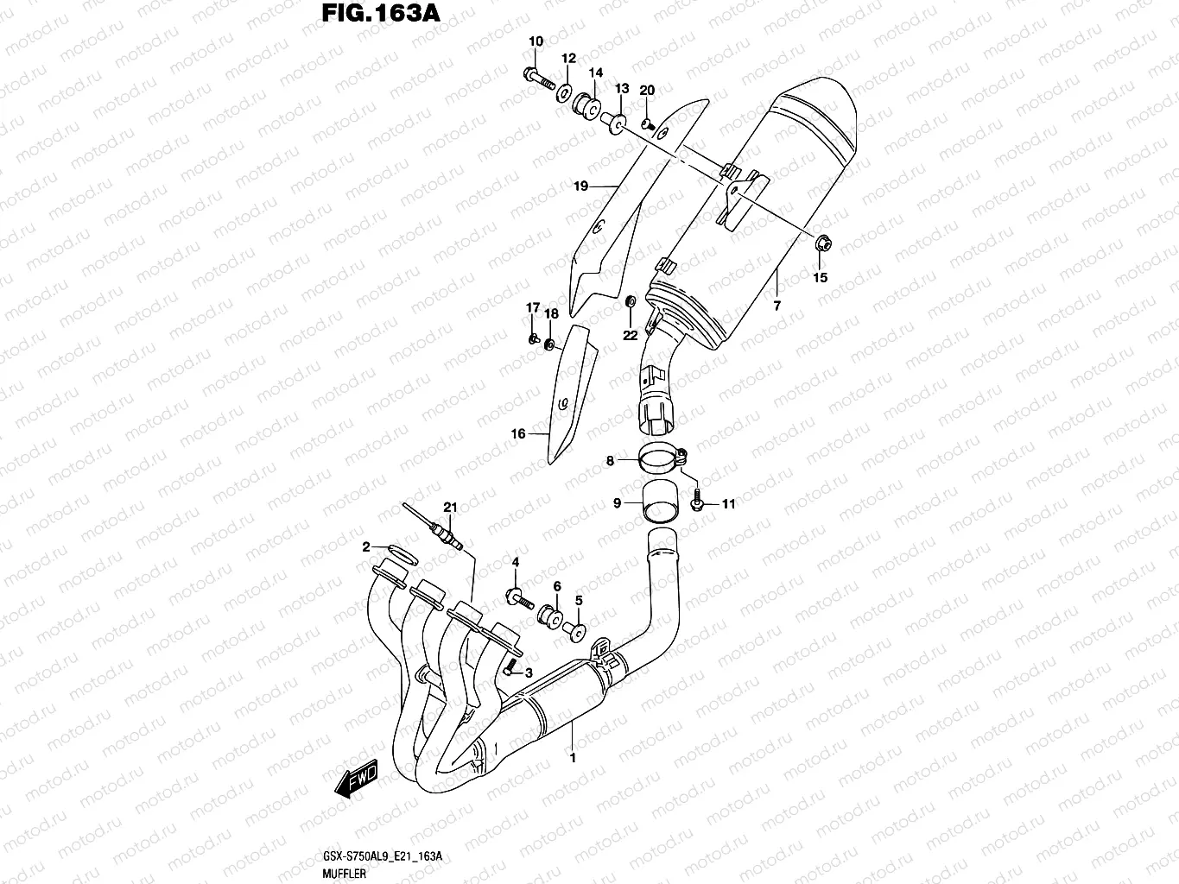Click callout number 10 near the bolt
click(x=536, y=41)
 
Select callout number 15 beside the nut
click(x=820, y=277)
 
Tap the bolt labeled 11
click(x=698, y=501)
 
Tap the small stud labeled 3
click(x=510, y=666)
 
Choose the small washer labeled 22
click(x=631, y=301)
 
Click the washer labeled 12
click(x=563, y=92)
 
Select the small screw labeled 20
click(x=647, y=123)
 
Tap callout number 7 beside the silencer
click(x=776, y=306)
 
